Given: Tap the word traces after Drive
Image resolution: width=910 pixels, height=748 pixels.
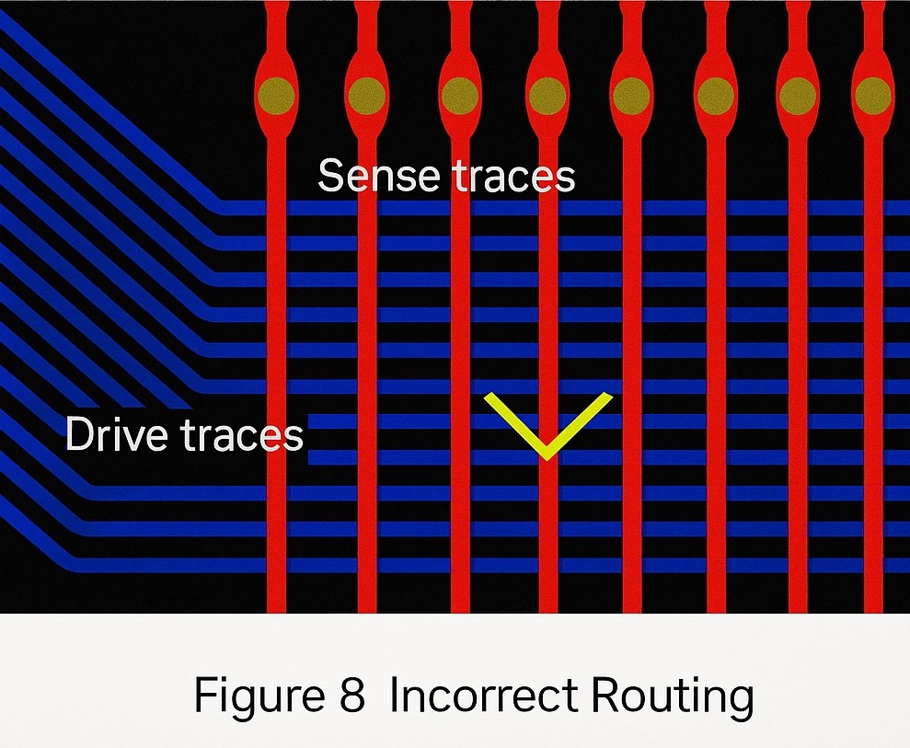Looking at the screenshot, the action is pyautogui.click(x=243, y=434).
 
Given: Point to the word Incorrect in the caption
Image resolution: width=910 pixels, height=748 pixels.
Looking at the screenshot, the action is pyautogui.click(x=484, y=695).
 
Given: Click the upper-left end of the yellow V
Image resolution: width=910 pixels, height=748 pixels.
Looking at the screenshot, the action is pyautogui.click(x=487, y=396).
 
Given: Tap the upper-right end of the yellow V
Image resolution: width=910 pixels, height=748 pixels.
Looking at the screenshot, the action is pyautogui.click(x=609, y=396).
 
